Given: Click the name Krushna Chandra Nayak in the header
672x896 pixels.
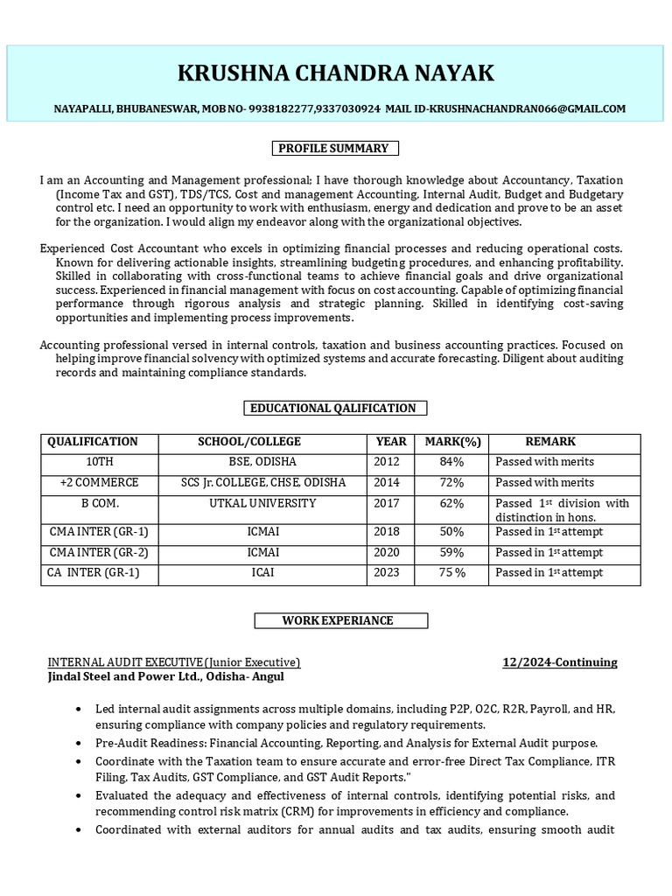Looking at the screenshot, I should (x=336, y=73).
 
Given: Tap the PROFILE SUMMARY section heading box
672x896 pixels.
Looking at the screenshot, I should (x=333, y=148).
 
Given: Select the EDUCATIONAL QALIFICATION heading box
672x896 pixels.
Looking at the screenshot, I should (x=333, y=408).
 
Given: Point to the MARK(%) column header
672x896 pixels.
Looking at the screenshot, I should (x=452, y=442).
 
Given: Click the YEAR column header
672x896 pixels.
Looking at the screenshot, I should (x=391, y=442).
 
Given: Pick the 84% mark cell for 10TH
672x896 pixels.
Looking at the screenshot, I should (x=452, y=462).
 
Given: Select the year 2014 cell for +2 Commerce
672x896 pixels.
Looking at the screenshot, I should (x=387, y=483).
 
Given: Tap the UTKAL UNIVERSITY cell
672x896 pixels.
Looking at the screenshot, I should (x=262, y=504).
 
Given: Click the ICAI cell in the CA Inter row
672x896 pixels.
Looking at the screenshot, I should (x=262, y=573).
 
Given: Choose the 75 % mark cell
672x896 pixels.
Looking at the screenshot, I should (x=452, y=573).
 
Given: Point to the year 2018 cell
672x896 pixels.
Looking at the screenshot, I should (x=387, y=532).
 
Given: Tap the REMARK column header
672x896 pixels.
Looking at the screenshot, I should (x=550, y=442).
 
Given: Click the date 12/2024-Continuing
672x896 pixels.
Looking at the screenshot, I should (x=559, y=662).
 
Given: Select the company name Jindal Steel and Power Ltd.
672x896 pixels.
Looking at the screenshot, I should (x=165, y=676).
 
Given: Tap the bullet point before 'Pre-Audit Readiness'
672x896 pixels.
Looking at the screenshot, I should (x=81, y=743).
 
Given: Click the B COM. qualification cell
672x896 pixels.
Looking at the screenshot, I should (x=100, y=504).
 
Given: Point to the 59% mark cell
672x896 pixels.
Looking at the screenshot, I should (x=452, y=552).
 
